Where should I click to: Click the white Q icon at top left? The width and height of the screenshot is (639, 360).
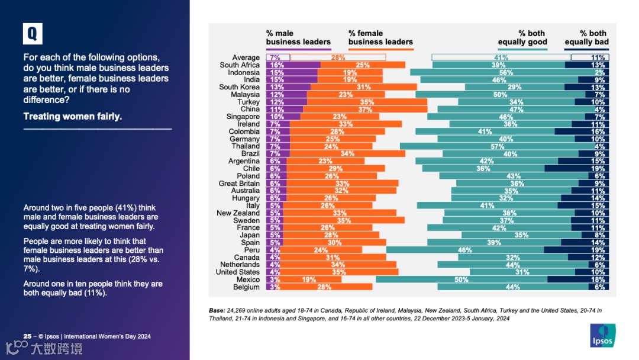33,34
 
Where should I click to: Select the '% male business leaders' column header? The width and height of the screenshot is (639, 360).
298,38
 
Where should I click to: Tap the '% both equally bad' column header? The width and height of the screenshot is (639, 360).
586,38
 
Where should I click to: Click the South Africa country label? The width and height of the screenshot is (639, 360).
240,65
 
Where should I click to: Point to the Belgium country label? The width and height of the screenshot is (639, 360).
246,287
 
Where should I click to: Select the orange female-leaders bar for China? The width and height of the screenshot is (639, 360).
365,110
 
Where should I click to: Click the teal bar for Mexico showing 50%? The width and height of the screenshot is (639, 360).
461,279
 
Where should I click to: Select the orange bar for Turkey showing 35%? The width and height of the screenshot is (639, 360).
359,102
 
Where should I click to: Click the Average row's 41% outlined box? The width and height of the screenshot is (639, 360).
501,57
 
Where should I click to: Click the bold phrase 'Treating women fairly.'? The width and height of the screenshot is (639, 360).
72,116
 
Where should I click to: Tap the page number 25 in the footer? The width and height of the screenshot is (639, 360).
27,336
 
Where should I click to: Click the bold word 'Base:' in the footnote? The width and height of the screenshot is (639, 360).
217,310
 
